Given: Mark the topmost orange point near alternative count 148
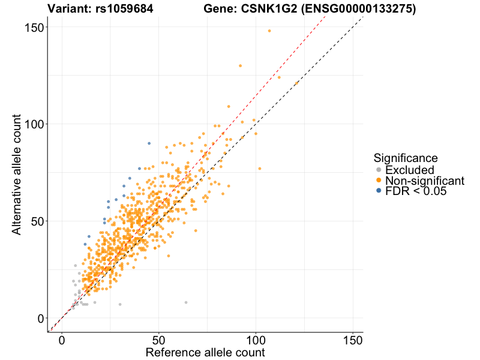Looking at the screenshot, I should (x=269, y=31).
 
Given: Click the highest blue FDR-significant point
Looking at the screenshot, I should (x=149, y=143).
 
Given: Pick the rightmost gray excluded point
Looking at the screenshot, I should (x=186, y=302).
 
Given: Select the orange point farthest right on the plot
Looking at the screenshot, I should (x=296, y=83).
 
